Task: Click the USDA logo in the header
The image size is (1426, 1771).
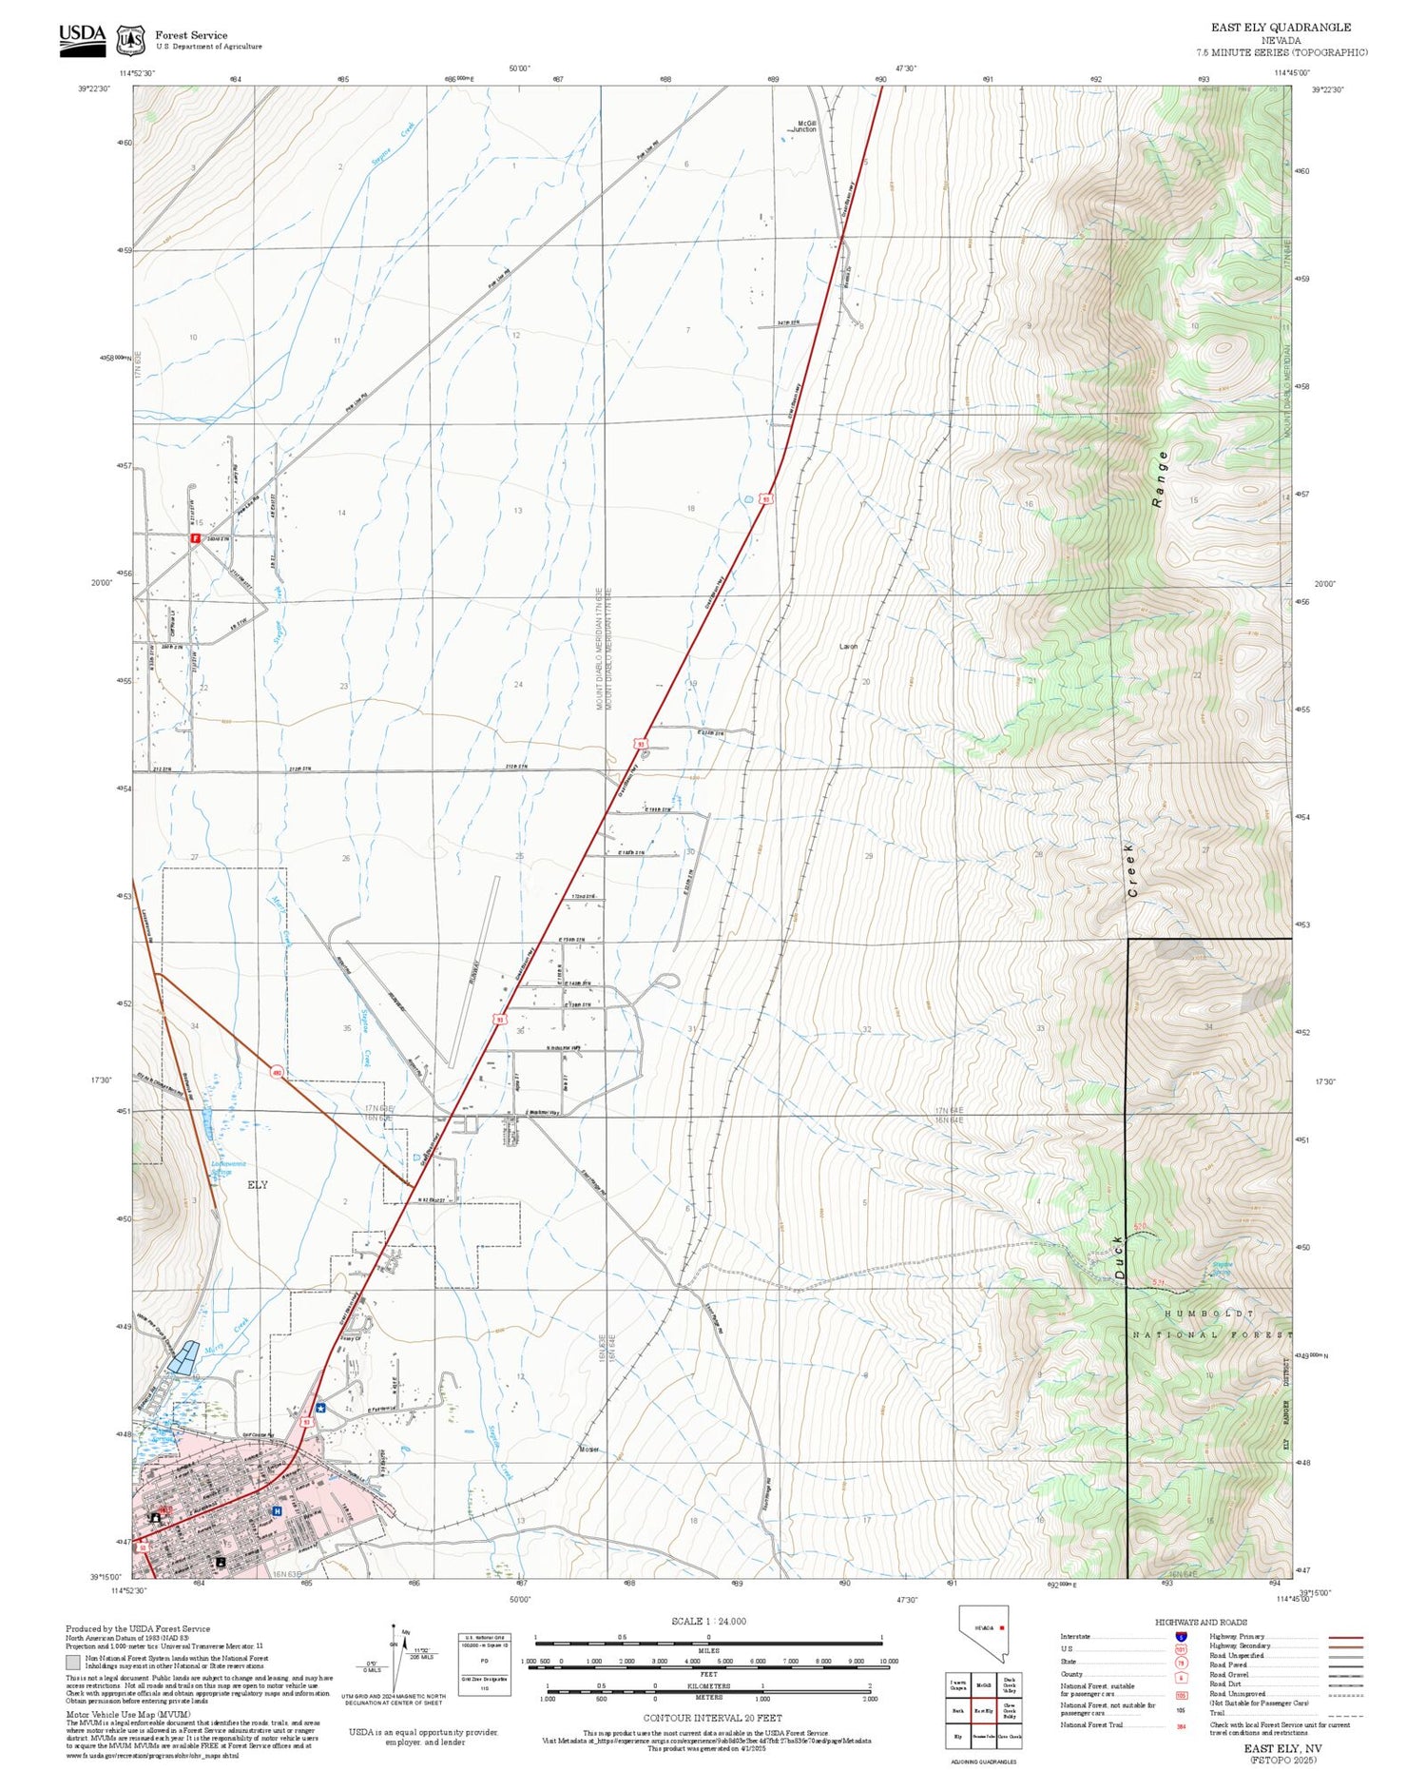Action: click(82, 39)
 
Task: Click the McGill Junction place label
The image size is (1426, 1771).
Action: click(805, 126)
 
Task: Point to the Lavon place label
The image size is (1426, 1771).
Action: click(848, 647)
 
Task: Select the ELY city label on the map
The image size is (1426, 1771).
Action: click(257, 1185)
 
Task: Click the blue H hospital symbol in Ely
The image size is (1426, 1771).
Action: click(277, 1510)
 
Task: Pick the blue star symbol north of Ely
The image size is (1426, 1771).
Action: click(320, 1409)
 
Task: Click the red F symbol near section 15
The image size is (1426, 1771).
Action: click(195, 538)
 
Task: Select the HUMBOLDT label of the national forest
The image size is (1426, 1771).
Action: click(1208, 1314)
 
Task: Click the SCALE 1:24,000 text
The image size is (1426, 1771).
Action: click(708, 1621)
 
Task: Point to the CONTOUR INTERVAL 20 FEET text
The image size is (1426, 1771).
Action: click(712, 1718)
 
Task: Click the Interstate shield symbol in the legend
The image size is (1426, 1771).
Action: click(1181, 1636)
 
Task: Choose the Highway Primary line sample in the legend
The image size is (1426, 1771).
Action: click(1341, 1637)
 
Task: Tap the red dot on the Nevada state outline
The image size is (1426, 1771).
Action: click(1001, 1627)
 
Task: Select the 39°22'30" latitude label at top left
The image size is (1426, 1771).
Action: click(94, 89)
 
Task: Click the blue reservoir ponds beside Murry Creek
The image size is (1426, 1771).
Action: click(185, 1356)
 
